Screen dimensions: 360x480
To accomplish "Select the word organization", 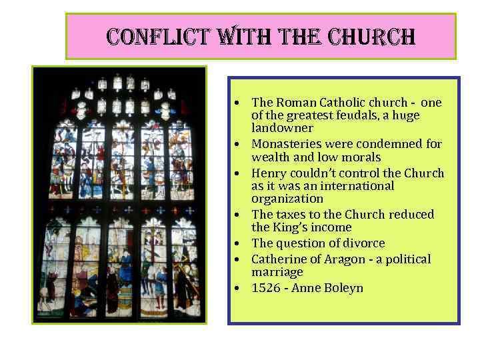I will point(287,199).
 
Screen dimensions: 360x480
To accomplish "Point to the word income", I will point(333,227).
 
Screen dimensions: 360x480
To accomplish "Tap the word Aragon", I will point(333,259).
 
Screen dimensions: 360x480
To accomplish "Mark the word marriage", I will point(277,272).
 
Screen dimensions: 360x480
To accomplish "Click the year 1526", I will point(265,288).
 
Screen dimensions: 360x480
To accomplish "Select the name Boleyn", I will point(342,288).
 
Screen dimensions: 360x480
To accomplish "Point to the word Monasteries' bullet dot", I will point(237,145).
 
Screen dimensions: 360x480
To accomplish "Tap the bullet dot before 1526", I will point(237,289).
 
